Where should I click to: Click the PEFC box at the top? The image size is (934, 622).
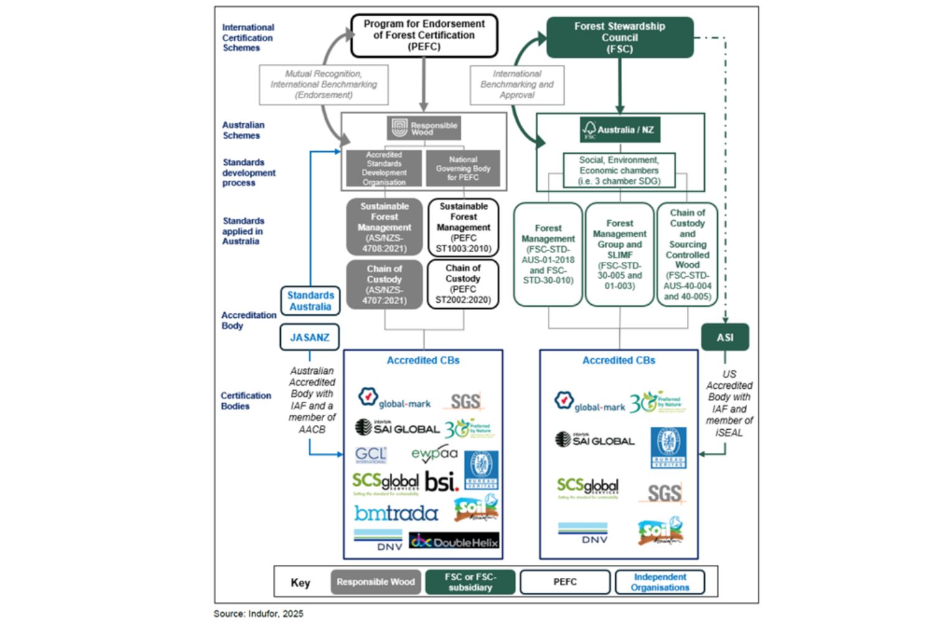pyautogui.click(x=424, y=35)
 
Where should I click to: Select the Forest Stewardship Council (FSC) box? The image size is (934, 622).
pyautogui.click(x=620, y=37)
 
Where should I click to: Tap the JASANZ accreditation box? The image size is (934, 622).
pyautogui.click(x=309, y=337)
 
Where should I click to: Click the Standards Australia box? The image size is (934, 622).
pyautogui.click(x=310, y=301)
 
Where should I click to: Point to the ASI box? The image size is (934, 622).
pyautogui.click(x=725, y=337)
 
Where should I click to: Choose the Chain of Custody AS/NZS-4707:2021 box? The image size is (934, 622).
pyautogui.click(x=384, y=284)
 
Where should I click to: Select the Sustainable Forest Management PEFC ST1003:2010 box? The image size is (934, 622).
pyautogui.click(x=463, y=227)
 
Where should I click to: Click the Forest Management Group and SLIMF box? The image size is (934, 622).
pyautogui.click(x=620, y=254)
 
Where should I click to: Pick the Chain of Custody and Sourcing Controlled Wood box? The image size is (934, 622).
pyautogui.click(x=687, y=254)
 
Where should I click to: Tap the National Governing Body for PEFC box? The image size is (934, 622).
pyautogui.click(x=463, y=169)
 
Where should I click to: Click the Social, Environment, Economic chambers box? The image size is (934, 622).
pyautogui.click(x=619, y=170)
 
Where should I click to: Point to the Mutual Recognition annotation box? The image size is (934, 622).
pyautogui.click(x=324, y=85)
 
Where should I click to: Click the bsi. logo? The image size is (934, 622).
pyautogui.click(x=441, y=481)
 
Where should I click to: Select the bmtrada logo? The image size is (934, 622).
pyautogui.click(x=396, y=513)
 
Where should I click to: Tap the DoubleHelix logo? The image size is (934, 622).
pyautogui.click(x=454, y=541)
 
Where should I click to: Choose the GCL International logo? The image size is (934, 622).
pyautogui.click(x=370, y=455)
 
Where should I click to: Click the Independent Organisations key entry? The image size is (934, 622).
pyautogui.click(x=660, y=582)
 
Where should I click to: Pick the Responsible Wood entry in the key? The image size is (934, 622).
pyautogui.click(x=375, y=582)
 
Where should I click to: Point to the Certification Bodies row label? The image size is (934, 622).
pyautogui.click(x=246, y=401)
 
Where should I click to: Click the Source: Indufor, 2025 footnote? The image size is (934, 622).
pyautogui.click(x=258, y=613)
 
